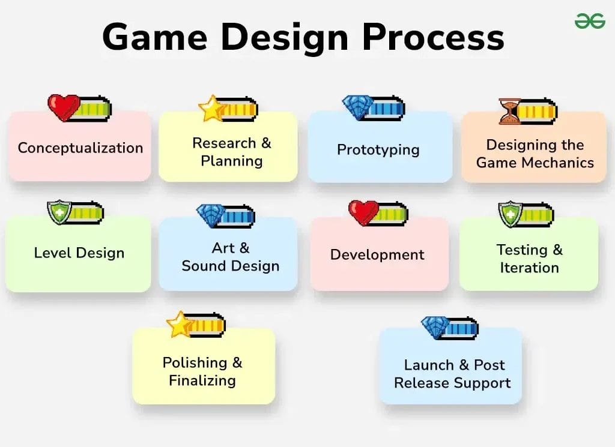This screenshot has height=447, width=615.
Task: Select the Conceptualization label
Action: [x=80, y=148]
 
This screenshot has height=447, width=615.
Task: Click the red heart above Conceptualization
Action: [x=62, y=107]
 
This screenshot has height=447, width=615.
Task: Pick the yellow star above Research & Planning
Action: [x=211, y=109]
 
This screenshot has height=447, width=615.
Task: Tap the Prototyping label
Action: [x=378, y=149]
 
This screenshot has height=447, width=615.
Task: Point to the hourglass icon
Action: [x=510, y=111]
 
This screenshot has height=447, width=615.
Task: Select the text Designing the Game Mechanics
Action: [x=535, y=154]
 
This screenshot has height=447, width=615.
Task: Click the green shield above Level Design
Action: [x=59, y=212]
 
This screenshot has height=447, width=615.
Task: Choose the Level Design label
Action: [x=79, y=253]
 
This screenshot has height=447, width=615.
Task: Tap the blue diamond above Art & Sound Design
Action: [x=211, y=215]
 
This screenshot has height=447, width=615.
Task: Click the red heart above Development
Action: [x=363, y=212]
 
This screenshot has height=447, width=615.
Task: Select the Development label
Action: [x=377, y=254]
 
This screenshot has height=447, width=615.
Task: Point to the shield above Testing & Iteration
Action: [x=510, y=214]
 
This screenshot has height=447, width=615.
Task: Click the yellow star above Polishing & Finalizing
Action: [x=179, y=324]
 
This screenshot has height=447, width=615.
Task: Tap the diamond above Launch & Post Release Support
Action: [x=435, y=328]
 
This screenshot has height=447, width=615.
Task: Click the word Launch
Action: [x=428, y=365]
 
